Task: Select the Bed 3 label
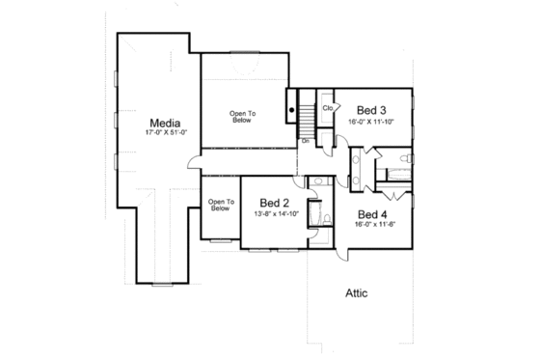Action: [372, 110]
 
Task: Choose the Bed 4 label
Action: [372, 213]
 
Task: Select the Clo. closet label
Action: [328, 107]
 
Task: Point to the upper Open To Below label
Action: [243, 117]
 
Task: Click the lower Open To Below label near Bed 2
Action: [221, 205]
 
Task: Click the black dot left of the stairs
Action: [292, 111]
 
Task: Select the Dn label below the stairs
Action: [305, 141]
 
